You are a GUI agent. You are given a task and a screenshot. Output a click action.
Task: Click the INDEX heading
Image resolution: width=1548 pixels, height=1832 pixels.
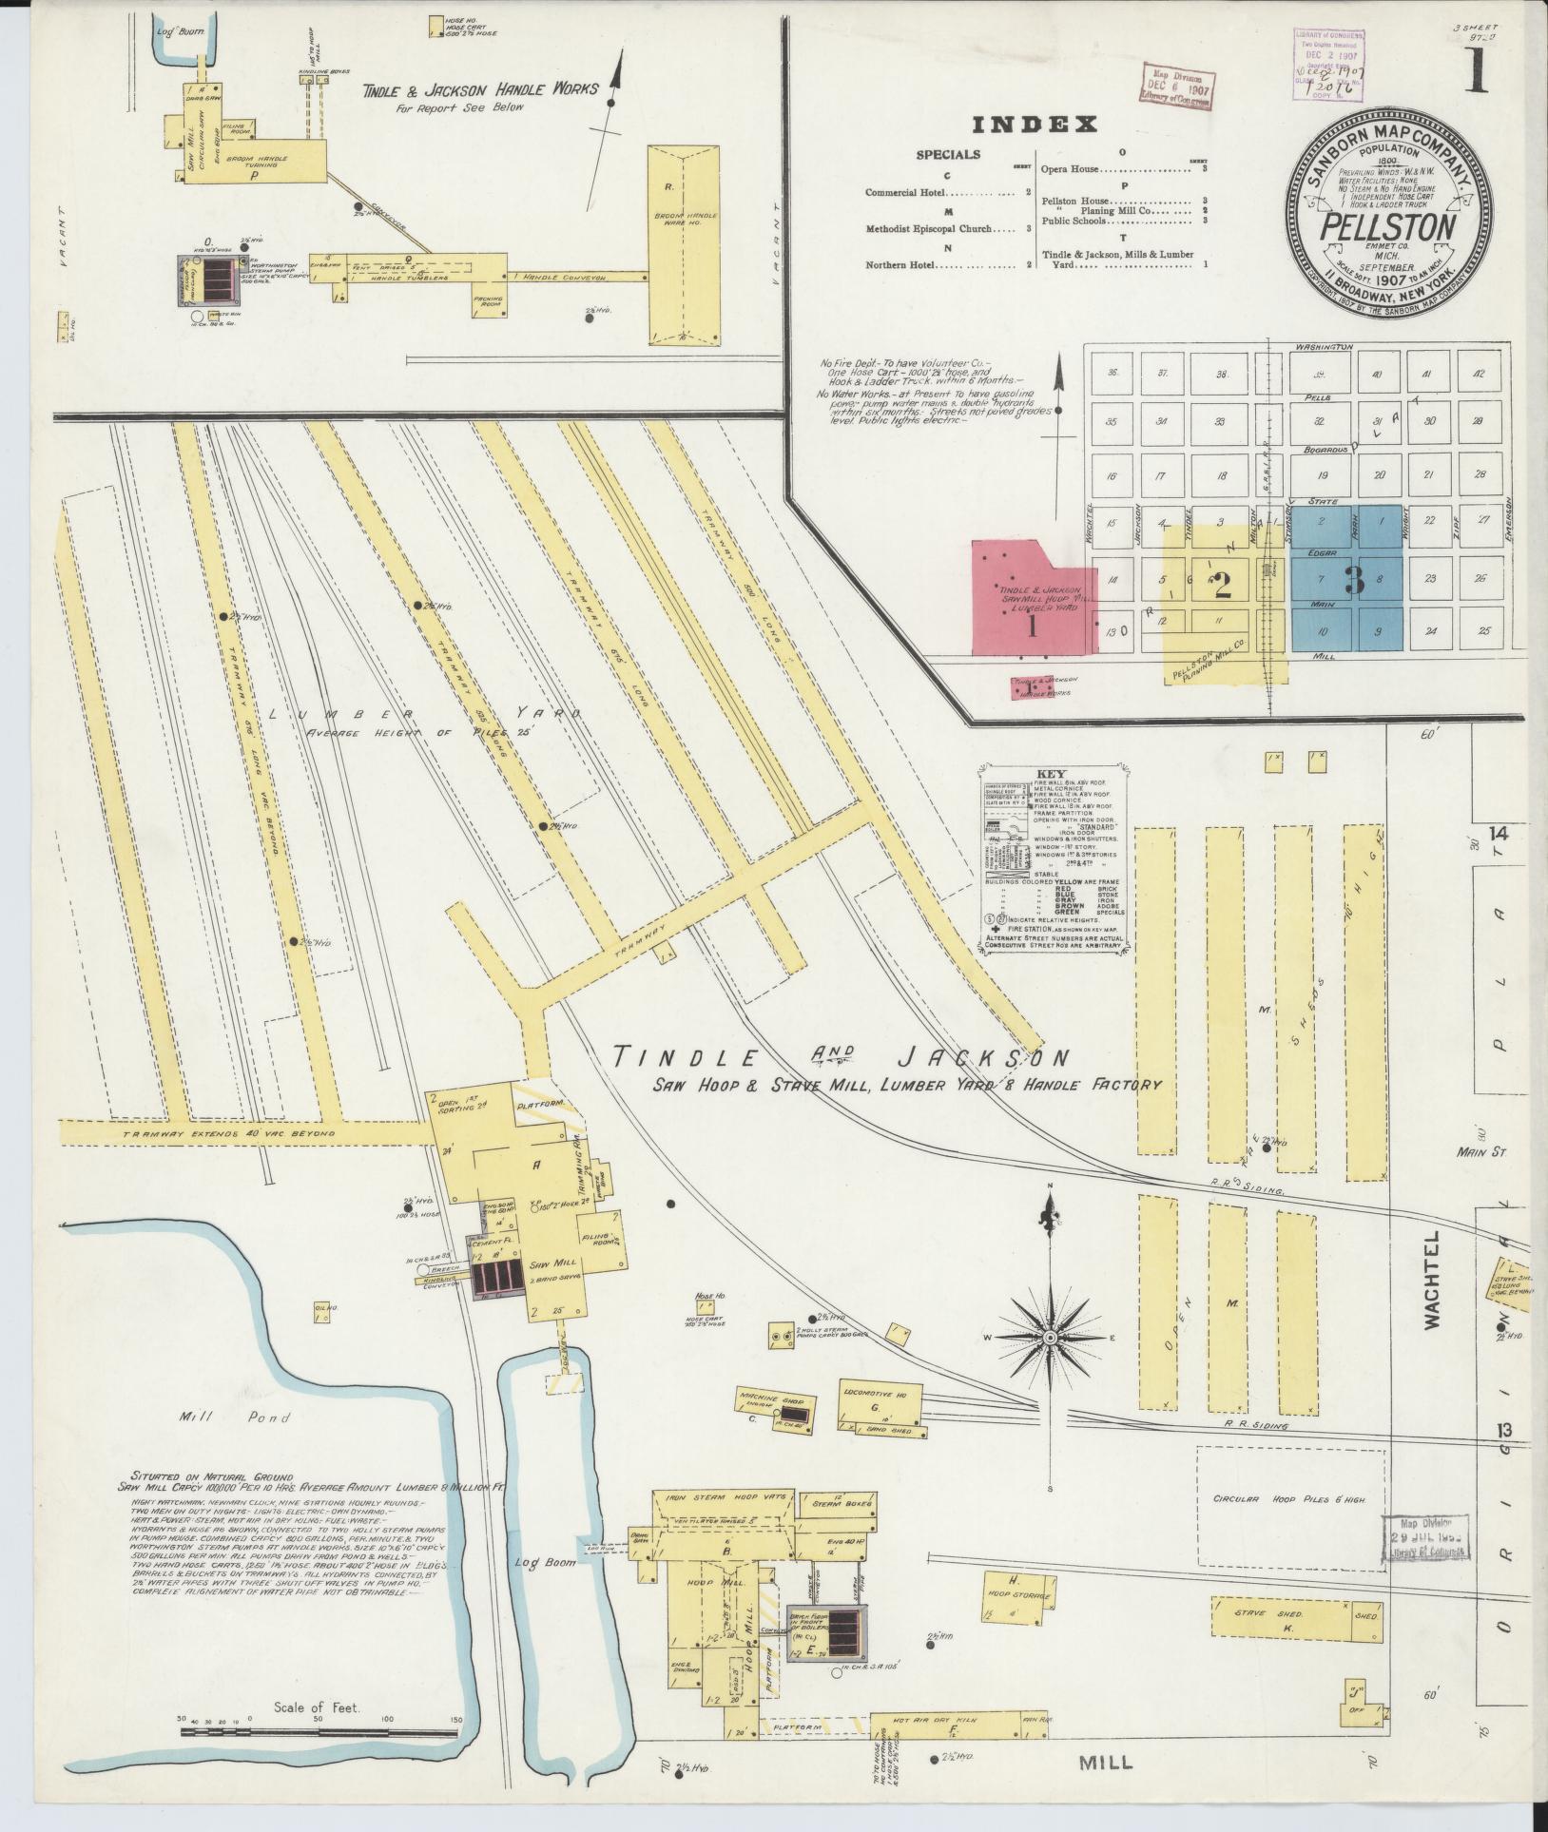tap(1035, 125)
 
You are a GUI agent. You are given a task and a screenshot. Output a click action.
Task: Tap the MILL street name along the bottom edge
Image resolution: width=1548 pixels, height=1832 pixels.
tap(1106, 1762)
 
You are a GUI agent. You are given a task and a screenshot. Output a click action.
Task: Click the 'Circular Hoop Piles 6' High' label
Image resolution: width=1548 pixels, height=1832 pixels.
tap(1288, 1499)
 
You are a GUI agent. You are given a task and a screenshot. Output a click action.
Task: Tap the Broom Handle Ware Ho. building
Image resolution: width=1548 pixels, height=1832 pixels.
tap(684, 245)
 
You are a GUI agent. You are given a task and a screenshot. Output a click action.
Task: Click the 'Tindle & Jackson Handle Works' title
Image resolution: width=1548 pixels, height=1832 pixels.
tap(480, 90)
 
